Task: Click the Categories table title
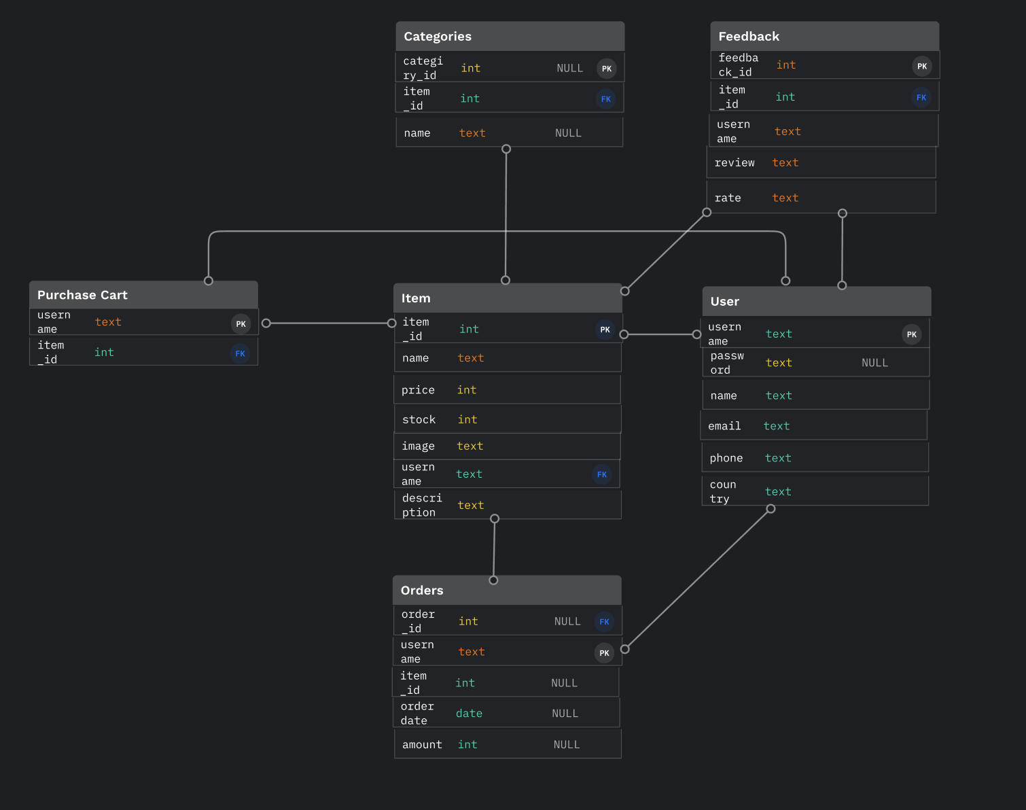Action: pos(438,37)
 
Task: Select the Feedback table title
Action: pos(749,37)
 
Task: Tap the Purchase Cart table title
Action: pos(82,295)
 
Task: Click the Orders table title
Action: pos(422,591)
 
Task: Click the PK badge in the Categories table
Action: pos(607,69)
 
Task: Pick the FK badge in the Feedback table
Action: pos(921,97)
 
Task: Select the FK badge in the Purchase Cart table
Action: pos(240,353)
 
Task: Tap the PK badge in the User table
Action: pos(912,334)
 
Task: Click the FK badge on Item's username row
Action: pos(602,474)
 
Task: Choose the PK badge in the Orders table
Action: pos(604,653)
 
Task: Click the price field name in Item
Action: pos(418,390)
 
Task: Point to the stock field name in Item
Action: pos(419,420)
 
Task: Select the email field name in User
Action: pos(724,426)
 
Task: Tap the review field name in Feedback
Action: pos(735,163)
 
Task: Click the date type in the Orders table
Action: pos(469,714)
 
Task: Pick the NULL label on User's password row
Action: pos(874,363)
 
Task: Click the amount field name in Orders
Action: pos(422,745)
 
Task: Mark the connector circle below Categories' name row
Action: pos(506,149)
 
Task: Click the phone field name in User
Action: pos(726,458)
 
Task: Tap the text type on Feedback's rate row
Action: pos(785,198)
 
